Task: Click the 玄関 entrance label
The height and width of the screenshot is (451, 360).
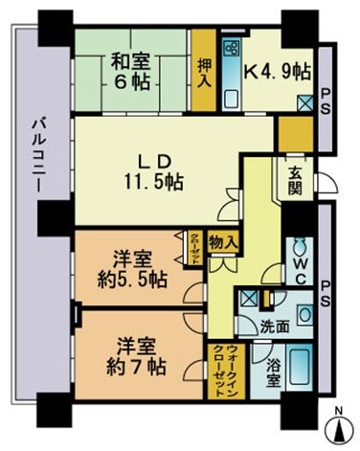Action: coord(295,178)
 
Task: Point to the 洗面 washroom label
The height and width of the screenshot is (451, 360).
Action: coord(277,325)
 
